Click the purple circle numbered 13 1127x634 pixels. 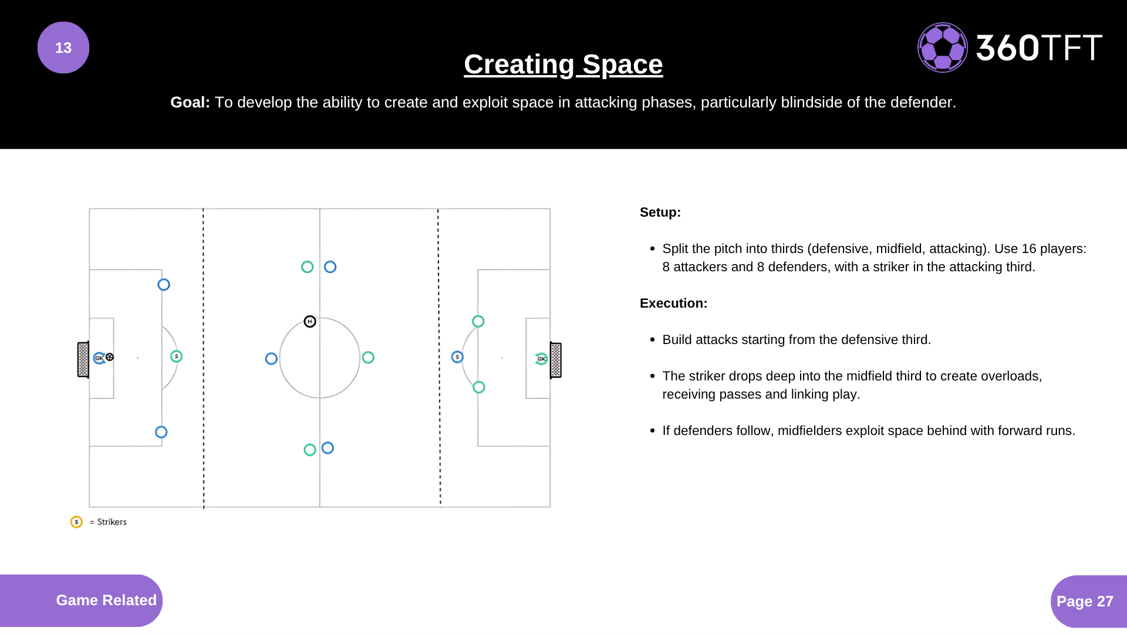[63, 48]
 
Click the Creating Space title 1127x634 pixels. [563, 65]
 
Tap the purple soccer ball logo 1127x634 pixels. [943, 48]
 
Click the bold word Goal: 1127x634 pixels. [190, 102]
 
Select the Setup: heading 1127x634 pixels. [660, 213]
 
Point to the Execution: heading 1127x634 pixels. [673, 303]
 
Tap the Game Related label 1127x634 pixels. [106, 600]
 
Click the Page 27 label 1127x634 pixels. [1085, 601]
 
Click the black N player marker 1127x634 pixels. [310, 322]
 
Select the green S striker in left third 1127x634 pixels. [176, 356]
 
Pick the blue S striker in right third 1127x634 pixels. [457, 357]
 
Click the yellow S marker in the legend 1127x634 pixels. [76, 522]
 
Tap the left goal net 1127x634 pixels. [83, 359]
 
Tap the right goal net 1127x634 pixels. [556, 360]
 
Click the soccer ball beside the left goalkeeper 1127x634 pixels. [110, 357]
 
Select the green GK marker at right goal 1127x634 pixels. [541, 359]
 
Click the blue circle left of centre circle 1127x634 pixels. [271, 359]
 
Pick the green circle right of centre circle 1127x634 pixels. [368, 358]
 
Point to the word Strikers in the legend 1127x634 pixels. [112, 522]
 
